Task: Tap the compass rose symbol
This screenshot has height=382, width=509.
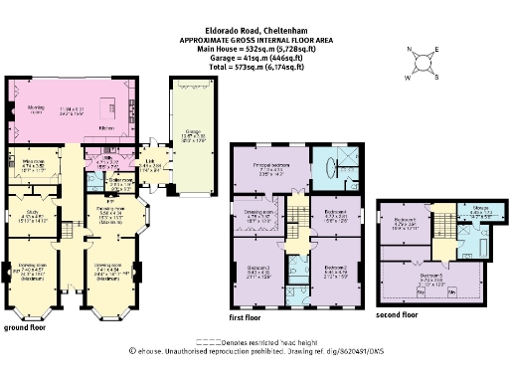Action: click(x=425, y=64)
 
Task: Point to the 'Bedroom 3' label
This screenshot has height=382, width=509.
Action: click(x=255, y=269)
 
